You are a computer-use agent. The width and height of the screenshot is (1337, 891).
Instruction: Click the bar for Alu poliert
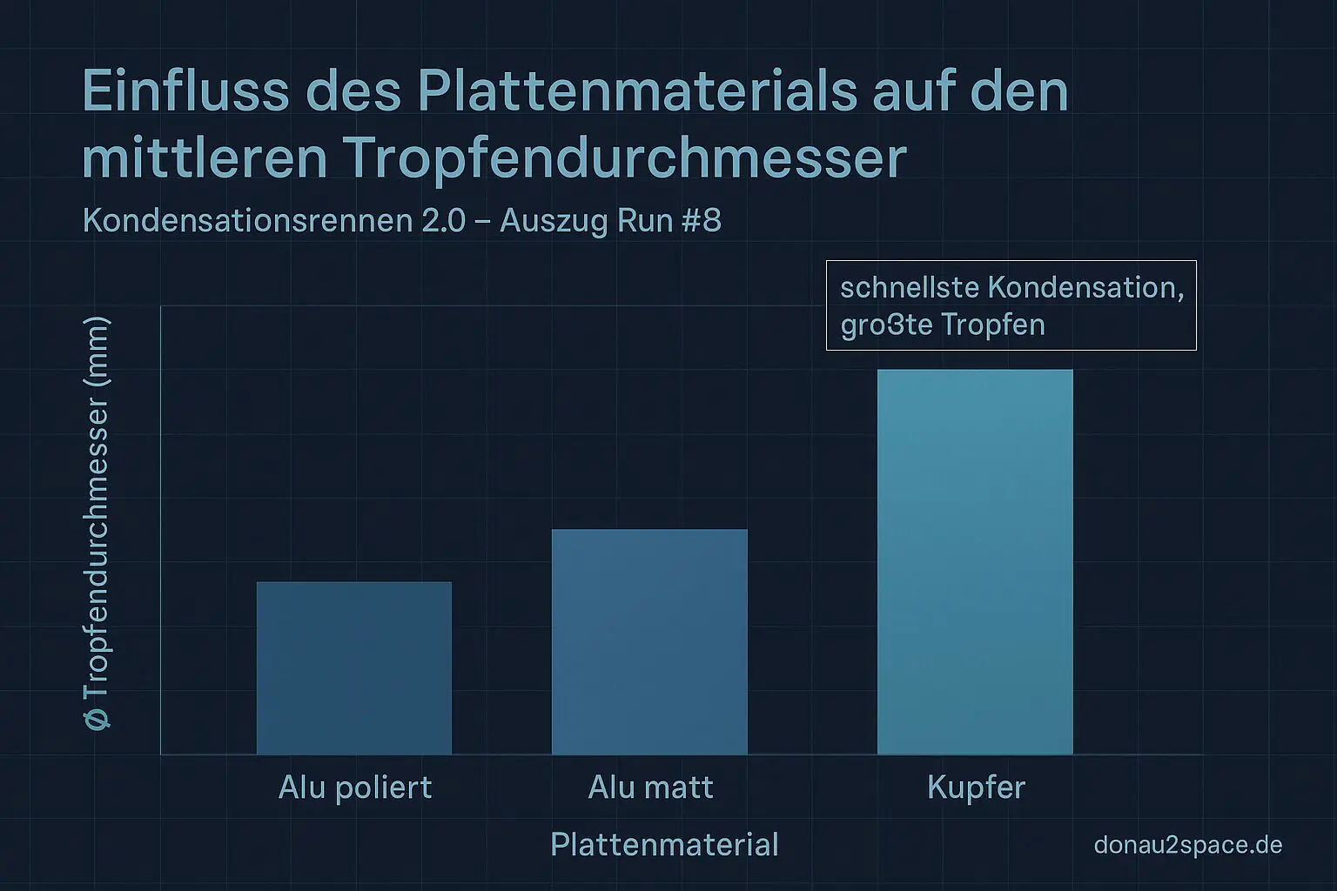tap(354, 667)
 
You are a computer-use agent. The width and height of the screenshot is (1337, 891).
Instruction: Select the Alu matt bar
tap(649, 641)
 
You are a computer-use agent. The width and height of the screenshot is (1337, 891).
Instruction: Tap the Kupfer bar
tap(975, 561)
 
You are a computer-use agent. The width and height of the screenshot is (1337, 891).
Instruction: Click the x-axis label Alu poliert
tap(355, 787)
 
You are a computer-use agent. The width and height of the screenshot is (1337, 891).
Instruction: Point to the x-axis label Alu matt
tap(650, 787)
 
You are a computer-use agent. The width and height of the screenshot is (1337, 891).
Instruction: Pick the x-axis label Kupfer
tap(976, 787)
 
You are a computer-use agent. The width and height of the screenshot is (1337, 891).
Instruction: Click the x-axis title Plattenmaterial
tap(664, 845)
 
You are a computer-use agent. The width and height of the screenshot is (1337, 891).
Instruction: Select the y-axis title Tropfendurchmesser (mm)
tap(97, 522)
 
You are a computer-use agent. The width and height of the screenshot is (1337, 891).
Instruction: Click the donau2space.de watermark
tap(1187, 845)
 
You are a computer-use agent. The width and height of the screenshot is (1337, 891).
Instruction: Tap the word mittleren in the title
tap(205, 158)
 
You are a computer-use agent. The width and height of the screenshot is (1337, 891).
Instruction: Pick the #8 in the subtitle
tap(702, 221)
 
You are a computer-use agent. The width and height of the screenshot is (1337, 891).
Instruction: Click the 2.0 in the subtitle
tap(444, 221)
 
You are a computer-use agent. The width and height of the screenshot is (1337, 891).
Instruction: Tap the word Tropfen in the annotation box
tap(993, 325)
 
